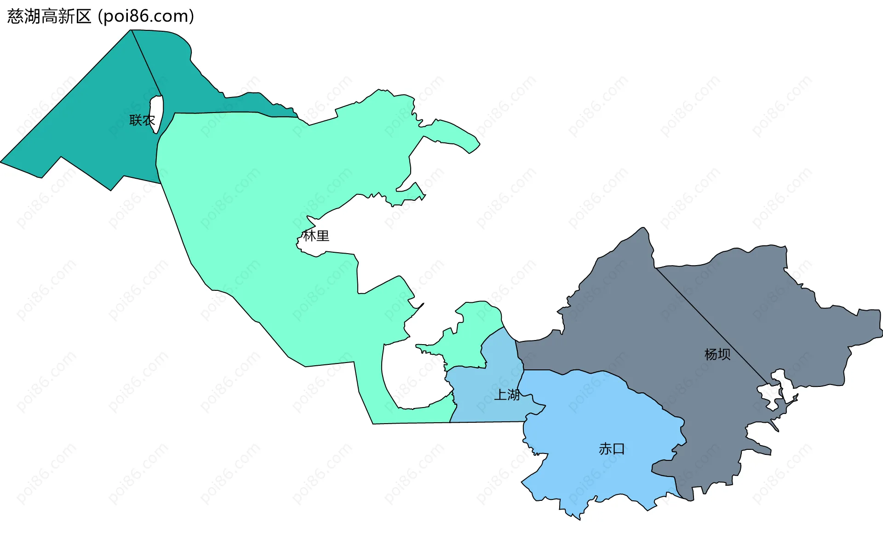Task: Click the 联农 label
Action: click(142, 120)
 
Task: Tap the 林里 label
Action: click(316, 236)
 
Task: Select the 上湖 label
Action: click(507, 395)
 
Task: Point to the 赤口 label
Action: click(612, 449)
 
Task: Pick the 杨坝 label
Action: click(717, 354)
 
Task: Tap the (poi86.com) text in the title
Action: click(146, 17)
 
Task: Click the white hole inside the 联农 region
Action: click(157, 113)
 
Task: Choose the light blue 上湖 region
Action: click(487, 395)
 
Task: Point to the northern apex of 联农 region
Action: click(132, 30)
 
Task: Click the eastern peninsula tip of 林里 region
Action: click(478, 144)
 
